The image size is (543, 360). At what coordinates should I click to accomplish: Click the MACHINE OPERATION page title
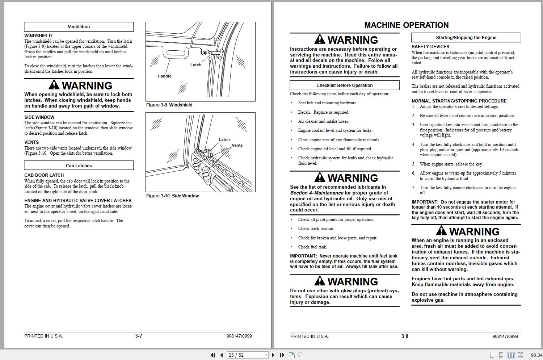pos(406,25)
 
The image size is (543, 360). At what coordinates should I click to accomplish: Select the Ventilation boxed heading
pos(79,27)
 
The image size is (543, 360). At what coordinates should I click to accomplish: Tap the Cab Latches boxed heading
pos(79,166)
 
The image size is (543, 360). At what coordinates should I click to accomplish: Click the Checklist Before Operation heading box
pos(344,85)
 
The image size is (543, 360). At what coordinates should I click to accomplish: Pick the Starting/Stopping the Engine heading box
pos(466,38)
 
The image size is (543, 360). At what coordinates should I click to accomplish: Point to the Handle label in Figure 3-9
pos(164,76)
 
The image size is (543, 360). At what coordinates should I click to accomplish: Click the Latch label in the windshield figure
pos(195,65)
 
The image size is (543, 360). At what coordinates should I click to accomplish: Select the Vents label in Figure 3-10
pos(237,145)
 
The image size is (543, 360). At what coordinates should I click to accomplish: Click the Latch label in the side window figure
pos(224,139)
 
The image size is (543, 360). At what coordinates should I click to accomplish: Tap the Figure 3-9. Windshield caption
pos(169,105)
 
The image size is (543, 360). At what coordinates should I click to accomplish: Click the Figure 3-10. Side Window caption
pos(172,196)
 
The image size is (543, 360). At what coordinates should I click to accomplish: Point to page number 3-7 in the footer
pos(139,336)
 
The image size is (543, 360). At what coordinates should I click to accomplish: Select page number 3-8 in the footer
pos(405,336)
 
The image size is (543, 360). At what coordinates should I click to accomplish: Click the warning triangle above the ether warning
pos(320,281)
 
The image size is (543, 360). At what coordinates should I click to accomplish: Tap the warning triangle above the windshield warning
pos(54,85)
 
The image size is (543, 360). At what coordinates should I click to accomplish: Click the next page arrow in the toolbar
pos(273,355)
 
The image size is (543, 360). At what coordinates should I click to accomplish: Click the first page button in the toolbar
pos(213,355)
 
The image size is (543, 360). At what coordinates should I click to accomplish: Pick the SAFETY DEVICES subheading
pos(430,47)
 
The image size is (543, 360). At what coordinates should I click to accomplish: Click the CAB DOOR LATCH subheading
pos(44,175)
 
